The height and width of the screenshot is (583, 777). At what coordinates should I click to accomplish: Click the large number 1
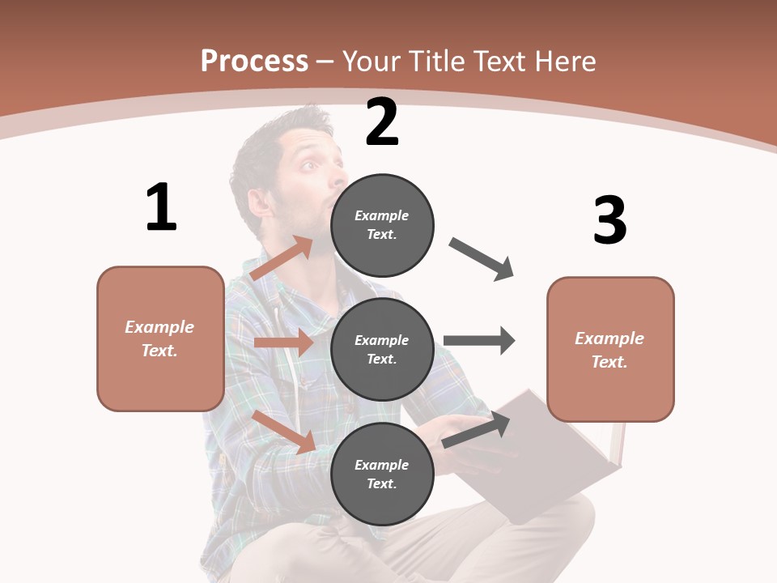(160, 207)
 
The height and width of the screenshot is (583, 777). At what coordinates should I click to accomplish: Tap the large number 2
(382, 123)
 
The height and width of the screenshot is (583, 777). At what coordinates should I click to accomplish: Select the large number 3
(609, 220)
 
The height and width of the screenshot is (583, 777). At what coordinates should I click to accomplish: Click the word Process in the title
(254, 61)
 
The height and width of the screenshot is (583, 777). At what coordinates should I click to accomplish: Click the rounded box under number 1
(160, 338)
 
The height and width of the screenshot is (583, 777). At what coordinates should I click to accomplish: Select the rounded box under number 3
(610, 349)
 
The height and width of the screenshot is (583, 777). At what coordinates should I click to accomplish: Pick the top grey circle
(382, 224)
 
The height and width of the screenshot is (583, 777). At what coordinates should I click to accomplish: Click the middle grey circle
(382, 349)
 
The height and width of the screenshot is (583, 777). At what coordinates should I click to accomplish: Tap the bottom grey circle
(382, 474)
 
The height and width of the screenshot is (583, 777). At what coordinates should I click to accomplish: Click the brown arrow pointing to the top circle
(282, 259)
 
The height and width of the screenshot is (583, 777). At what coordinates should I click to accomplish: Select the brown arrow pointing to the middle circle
(283, 343)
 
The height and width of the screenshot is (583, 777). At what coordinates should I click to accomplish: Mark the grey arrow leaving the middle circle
(479, 340)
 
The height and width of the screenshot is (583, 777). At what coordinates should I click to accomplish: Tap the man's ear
(257, 199)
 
